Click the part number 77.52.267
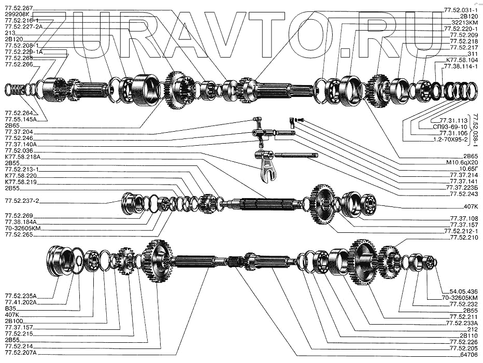[19, 8]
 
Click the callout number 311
[472, 53]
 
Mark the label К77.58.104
[462, 60]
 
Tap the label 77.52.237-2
[22, 200]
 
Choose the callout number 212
[472, 329]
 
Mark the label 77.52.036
[18, 150]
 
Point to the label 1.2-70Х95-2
[448, 139]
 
